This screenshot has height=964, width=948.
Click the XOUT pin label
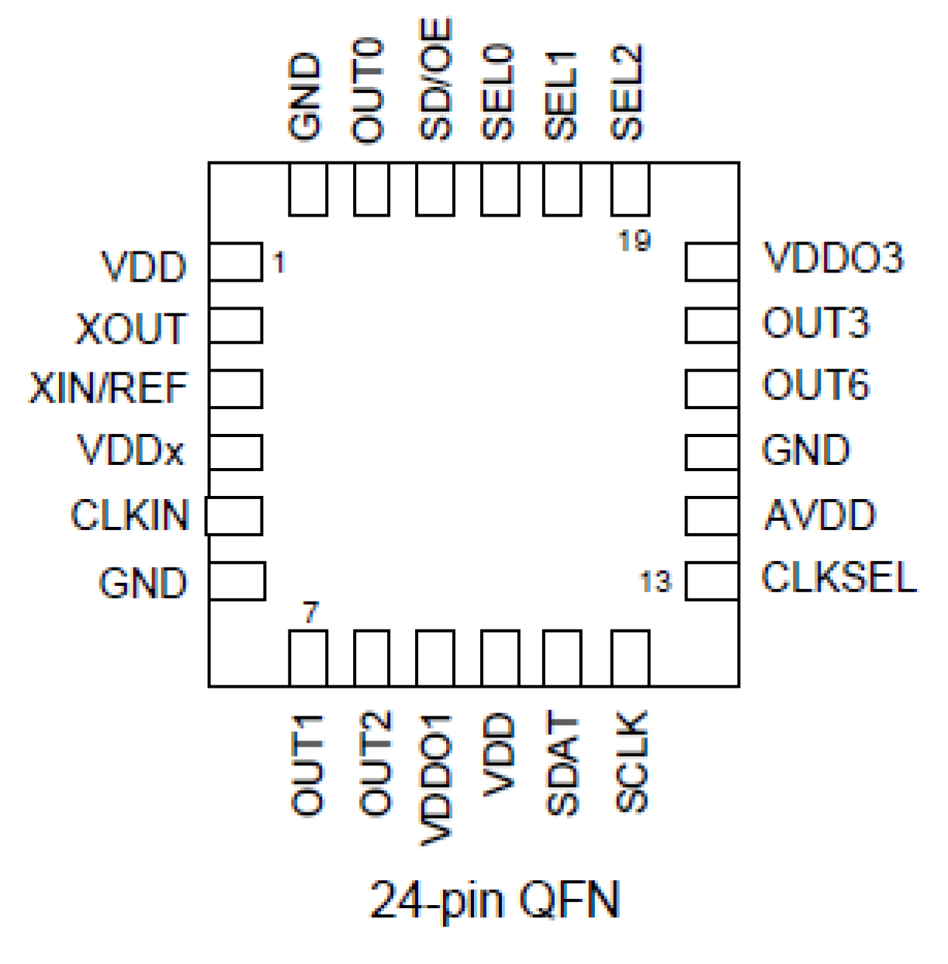pos(131,329)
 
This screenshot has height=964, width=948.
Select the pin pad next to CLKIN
pos(234,516)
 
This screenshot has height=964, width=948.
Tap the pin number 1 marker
pos(279,263)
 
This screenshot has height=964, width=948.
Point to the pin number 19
pos(634,241)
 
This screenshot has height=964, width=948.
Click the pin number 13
pos(655,582)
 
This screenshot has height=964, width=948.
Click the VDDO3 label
pos(833,258)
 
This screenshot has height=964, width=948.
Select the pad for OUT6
pos(711,388)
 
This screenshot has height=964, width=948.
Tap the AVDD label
pos(820,516)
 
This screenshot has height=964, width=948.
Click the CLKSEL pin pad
pos(711,581)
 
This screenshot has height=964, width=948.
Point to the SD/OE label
pos(436,80)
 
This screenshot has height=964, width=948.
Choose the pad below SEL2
pos(630,189)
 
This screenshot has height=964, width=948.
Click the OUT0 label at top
pos(368,91)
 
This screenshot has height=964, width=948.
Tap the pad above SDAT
pos(562,658)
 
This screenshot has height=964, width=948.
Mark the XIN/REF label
pos(108,389)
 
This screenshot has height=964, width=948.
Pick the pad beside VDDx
pos(235,452)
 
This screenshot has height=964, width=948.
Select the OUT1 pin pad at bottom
pos(308,658)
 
